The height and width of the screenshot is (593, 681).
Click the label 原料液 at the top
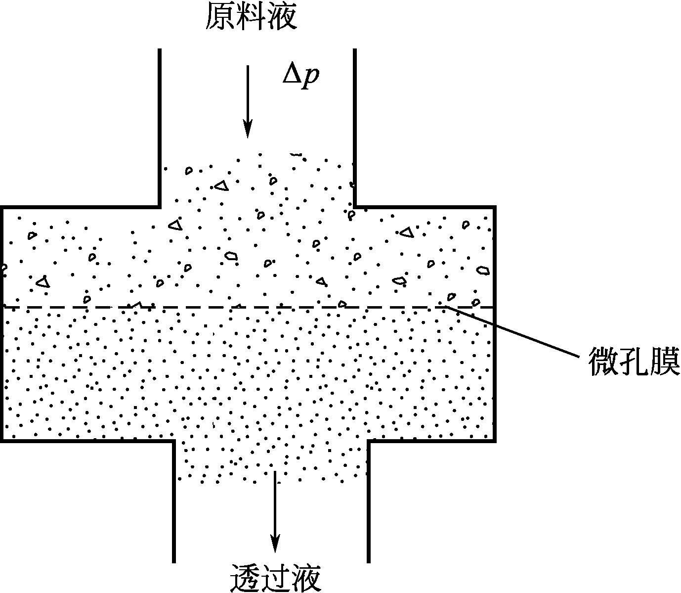251,17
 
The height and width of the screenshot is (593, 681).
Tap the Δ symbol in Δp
291,75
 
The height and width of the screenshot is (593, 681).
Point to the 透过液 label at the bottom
276,577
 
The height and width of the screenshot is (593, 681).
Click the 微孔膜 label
634,361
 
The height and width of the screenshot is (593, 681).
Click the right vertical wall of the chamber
494,321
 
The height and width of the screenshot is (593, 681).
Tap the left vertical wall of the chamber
2,321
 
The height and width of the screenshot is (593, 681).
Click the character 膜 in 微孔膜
665,361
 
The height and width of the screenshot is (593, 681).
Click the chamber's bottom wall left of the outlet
86,440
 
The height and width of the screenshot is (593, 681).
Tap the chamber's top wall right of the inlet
425,207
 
